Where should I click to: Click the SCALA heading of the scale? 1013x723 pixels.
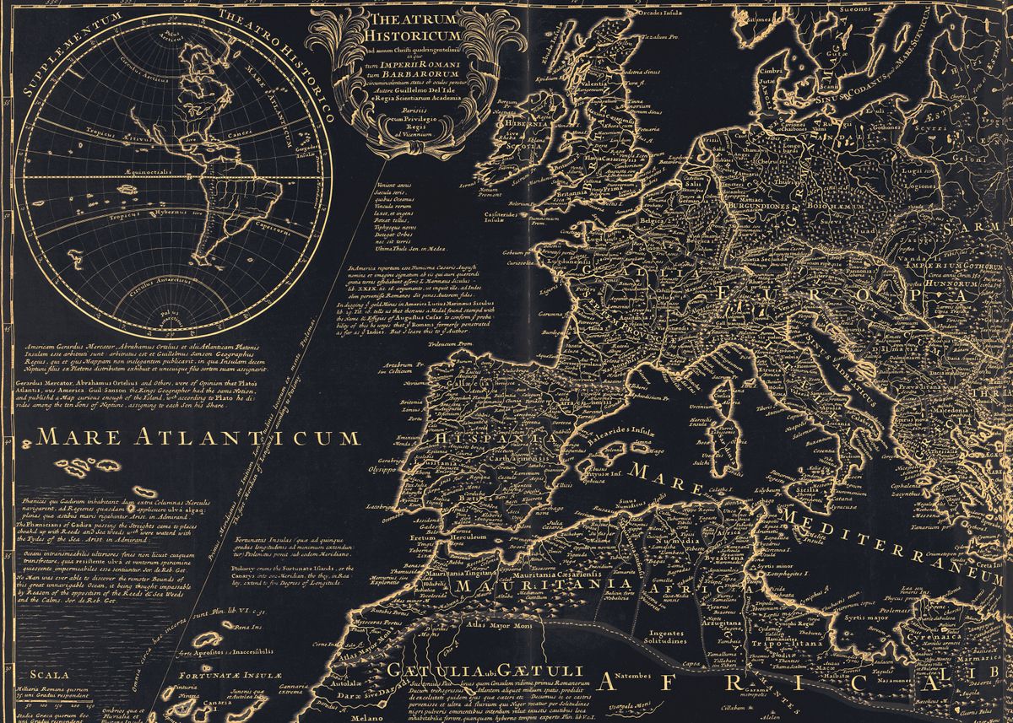(46, 673)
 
